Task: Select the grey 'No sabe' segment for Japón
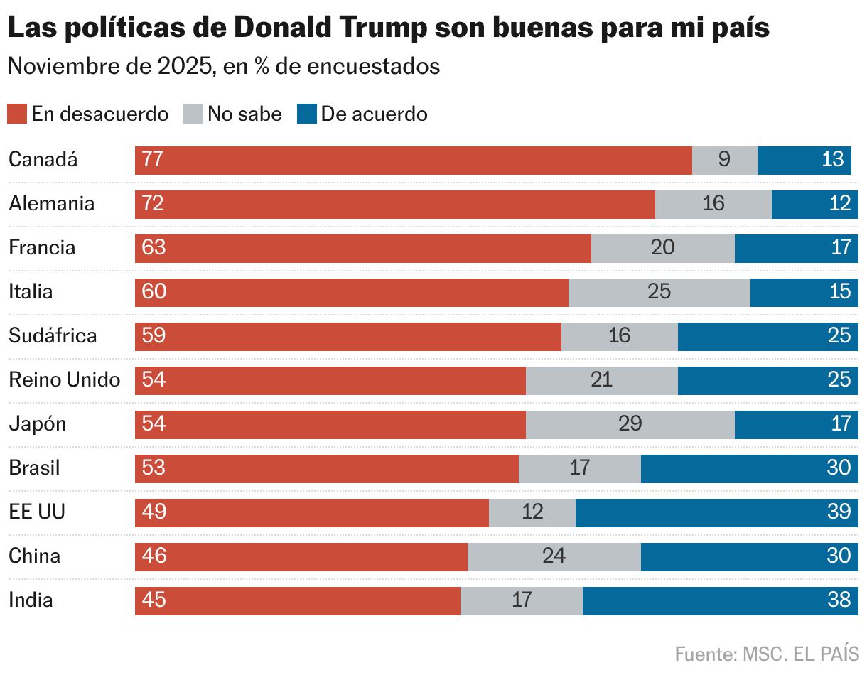[630, 424]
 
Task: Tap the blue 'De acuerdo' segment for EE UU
[716, 512]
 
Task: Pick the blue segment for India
[720, 600]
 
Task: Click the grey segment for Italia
[659, 292]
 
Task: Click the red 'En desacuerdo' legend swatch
[17, 114]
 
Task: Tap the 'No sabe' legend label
[244, 114]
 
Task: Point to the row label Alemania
[51, 204]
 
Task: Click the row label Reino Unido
[64, 380]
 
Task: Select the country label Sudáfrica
[53, 336]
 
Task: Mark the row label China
[34, 556]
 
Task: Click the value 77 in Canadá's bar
[153, 160]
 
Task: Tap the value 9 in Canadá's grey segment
[724, 160]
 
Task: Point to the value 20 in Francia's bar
[662, 248]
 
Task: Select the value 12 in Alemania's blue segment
[839, 204]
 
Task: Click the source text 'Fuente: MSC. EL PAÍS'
[766, 654]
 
